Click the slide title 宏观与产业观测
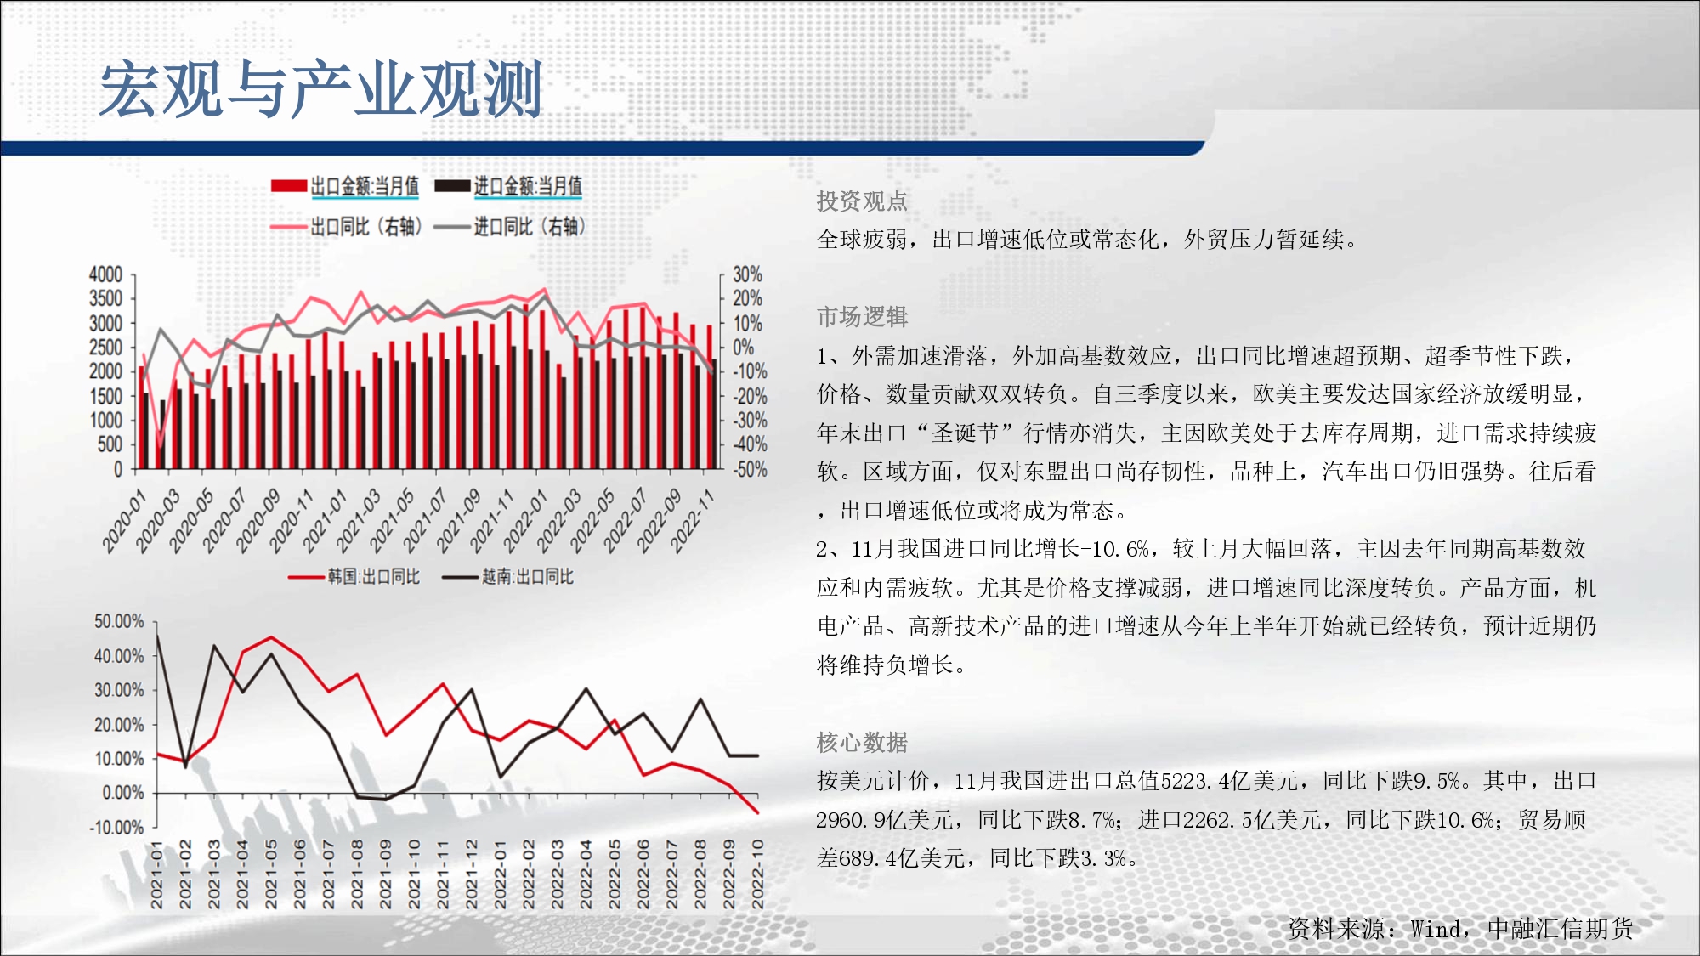[x=321, y=89]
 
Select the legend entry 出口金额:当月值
[x=344, y=186]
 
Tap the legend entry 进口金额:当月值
[x=507, y=186]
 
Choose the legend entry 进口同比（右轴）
[x=509, y=227]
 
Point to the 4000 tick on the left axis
[x=106, y=274]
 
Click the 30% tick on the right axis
[x=747, y=274]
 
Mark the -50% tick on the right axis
[x=750, y=469]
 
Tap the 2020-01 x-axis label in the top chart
[x=125, y=520]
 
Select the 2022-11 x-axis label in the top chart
[x=693, y=520]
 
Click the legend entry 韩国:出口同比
[x=354, y=577]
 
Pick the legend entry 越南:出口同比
[x=508, y=577]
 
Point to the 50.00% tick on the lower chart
[x=119, y=622]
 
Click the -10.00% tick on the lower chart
[x=117, y=828]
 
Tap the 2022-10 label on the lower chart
[x=757, y=874]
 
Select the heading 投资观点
[x=862, y=201]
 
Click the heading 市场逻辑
[x=862, y=317]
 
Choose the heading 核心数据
[x=862, y=743]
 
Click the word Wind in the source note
[x=1436, y=929]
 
